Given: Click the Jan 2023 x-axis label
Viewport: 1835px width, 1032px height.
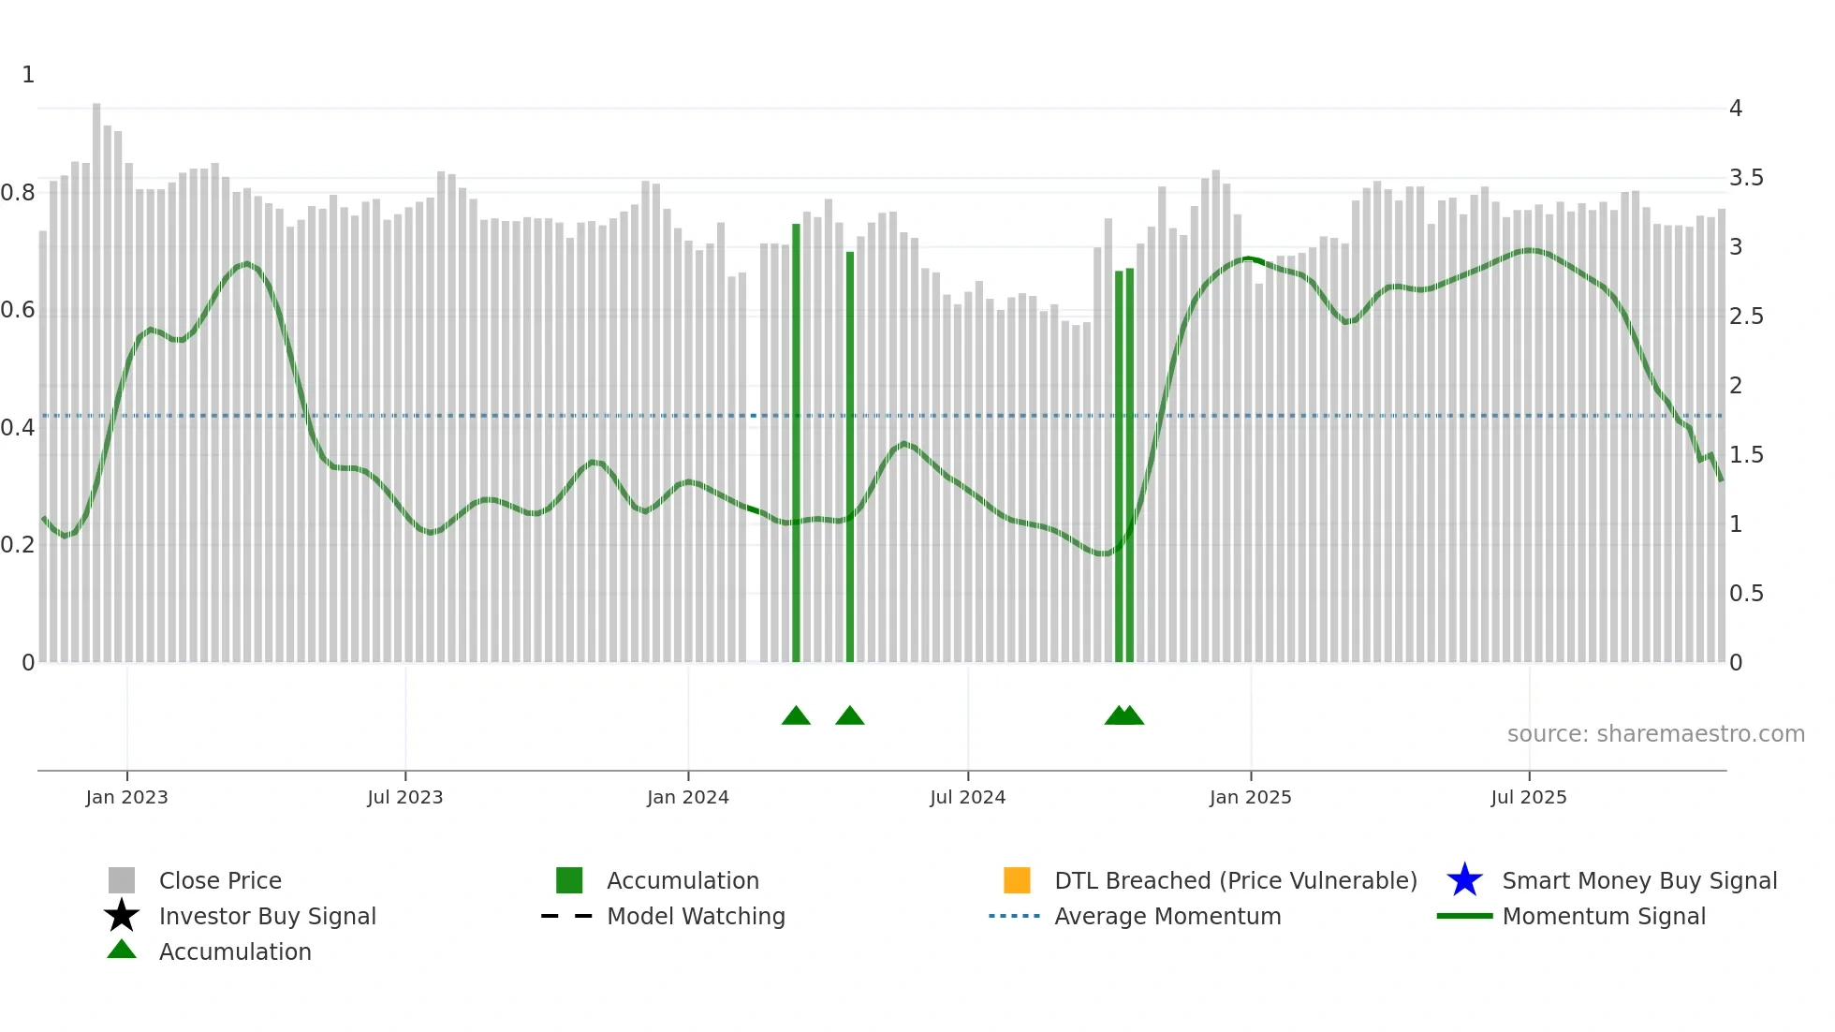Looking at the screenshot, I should tap(126, 797).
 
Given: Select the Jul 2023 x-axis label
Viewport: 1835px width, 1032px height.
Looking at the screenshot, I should tap(404, 797).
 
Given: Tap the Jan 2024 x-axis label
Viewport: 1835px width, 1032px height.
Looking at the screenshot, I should tap(687, 797).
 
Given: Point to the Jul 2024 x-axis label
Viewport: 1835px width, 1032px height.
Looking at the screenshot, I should tap(967, 797).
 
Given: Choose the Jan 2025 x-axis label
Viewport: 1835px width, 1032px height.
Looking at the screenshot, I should tap(1250, 797).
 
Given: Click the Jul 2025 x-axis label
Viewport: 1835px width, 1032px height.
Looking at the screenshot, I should tap(1528, 797).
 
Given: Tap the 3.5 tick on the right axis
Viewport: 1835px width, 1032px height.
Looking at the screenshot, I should tap(1745, 178).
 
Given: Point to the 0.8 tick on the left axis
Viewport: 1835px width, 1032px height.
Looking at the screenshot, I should tap(19, 193).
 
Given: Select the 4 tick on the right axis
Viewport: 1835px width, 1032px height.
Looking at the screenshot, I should tap(1735, 109).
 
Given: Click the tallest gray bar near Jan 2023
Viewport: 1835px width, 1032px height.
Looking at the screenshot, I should tap(96, 375).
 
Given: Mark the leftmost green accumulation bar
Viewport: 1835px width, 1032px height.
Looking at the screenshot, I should tap(796, 440).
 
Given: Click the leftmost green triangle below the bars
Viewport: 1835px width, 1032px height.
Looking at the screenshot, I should tap(796, 715).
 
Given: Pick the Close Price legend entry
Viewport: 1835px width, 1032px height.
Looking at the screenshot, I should tap(220, 880).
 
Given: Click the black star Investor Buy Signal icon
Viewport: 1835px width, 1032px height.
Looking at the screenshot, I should tap(122, 916).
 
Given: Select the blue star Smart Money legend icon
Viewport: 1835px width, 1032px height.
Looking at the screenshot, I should tap(1464, 880).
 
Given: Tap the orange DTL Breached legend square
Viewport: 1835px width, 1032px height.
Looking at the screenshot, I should tap(1017, 880).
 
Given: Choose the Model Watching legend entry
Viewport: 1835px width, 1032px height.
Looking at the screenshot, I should tap(695, 916).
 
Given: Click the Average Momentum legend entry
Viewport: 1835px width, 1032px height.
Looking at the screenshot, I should tap(1167, 916).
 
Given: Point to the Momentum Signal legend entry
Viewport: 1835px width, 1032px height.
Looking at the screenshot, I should tap(1603, 916).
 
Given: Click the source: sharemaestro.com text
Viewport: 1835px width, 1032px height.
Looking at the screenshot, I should tap(1655, 734).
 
